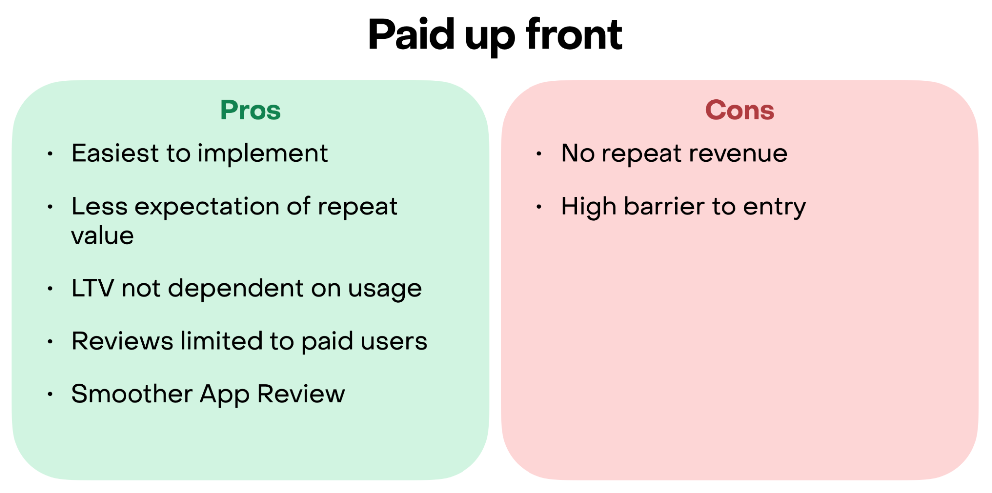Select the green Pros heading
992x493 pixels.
251,110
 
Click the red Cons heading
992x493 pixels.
739,110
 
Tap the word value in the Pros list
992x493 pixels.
103,235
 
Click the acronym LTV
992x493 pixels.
93,288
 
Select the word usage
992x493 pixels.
385,290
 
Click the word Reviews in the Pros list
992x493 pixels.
123,341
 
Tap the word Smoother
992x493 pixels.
132,394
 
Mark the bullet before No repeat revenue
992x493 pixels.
539,154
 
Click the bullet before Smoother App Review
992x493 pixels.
50,395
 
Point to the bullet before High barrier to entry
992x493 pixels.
539,207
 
